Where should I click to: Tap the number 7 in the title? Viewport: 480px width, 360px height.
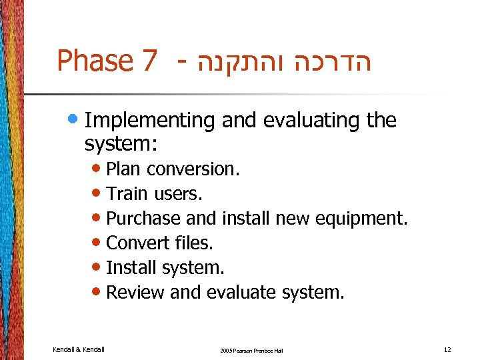point(149,61)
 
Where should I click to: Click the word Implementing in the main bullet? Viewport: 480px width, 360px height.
point(150,121)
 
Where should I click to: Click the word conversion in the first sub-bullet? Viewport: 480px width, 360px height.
point(193,169)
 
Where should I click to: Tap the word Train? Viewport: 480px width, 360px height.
point(128,194)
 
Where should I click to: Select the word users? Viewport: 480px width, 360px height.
point(178,194)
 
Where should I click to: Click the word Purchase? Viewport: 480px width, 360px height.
point(143,219)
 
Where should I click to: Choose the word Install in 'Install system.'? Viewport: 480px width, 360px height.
point(129,267)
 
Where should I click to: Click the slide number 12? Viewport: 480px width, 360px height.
point(447,349)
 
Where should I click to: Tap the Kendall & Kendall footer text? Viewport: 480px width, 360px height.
point(77,349)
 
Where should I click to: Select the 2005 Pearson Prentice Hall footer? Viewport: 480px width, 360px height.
point(251,350)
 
